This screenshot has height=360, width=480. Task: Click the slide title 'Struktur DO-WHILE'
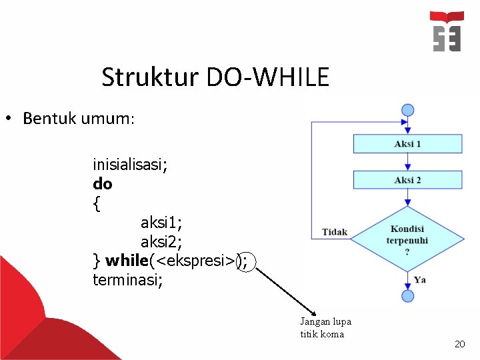click(x=215, y=78)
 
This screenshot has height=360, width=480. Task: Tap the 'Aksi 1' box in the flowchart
click(x=407, y=144)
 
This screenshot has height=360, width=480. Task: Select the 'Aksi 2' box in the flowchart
click(x=407, y=180)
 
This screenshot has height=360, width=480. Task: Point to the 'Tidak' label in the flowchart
click(x=335, y=232)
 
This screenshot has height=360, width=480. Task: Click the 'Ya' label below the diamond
click(x=419, y=279)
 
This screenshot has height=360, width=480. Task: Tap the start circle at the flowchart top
click(x=407, y=110)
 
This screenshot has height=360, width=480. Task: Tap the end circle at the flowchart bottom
click(x=407, y=295)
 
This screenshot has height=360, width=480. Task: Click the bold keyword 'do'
click(x=103, y=183)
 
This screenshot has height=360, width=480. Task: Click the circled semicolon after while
click(x=246, y=261)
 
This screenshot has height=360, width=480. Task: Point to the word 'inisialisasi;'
click(x=130, y=164)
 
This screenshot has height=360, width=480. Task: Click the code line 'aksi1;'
click(x=161, y=222)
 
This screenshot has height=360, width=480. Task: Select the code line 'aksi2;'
click(x=161, y=241)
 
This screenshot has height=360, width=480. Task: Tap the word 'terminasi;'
click(x=127, y=279)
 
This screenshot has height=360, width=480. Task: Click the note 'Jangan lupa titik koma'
click(x=325, y=327)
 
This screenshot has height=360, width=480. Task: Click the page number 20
click(x=459, y=344)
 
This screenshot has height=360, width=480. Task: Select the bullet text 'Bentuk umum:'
click(x=79, y=119)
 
